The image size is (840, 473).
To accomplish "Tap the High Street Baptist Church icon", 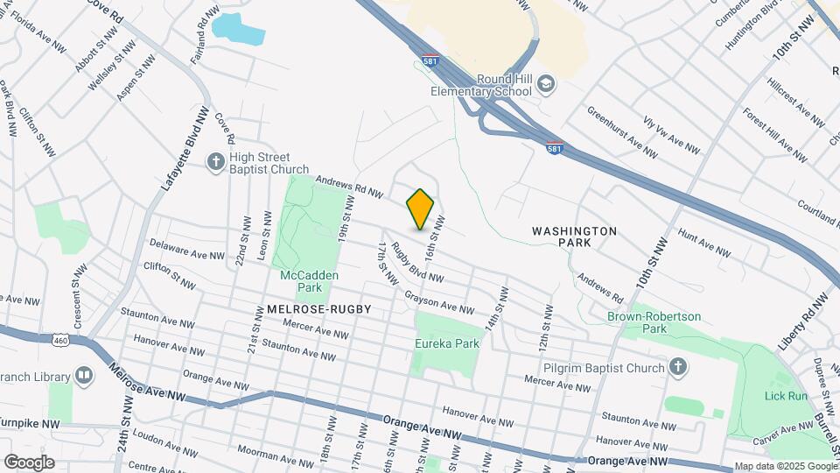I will (215, 161).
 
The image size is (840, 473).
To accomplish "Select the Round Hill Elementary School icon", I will (546, 83).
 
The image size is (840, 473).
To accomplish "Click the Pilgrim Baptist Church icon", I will (678, 368).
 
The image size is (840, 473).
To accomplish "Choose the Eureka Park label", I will (447, 343).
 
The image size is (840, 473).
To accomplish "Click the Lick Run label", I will (785, 396).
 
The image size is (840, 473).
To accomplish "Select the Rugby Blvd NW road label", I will (417, 263).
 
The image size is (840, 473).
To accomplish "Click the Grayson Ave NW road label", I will (438, 302).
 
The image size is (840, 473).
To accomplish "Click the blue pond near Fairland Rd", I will (237, 29).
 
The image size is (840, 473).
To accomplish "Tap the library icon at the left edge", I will (84, 376).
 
